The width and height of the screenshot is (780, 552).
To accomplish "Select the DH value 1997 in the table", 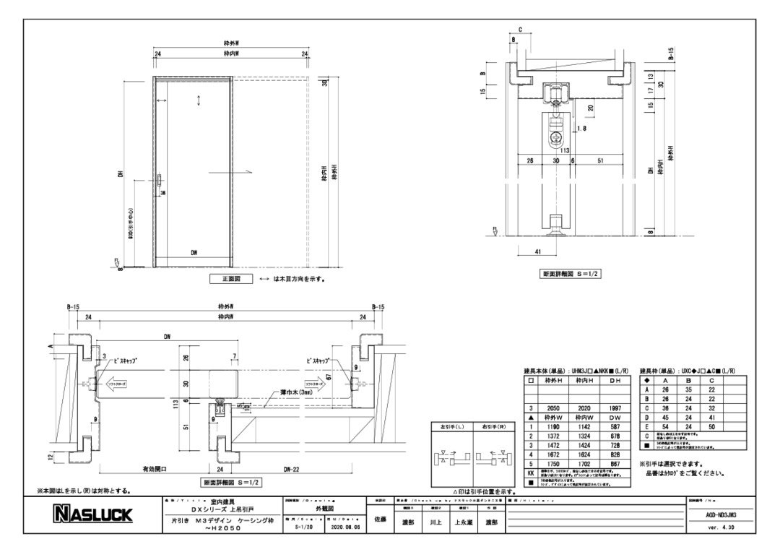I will (615, 408).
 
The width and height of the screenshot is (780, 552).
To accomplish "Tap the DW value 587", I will (615, 427).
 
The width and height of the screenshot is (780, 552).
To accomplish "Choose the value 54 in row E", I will (665, 427).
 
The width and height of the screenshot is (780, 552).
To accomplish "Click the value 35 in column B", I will (688, 389).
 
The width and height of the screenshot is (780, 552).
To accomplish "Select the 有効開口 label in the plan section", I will (155, 470).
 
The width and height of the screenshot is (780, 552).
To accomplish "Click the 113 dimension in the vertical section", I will (556, 150).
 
